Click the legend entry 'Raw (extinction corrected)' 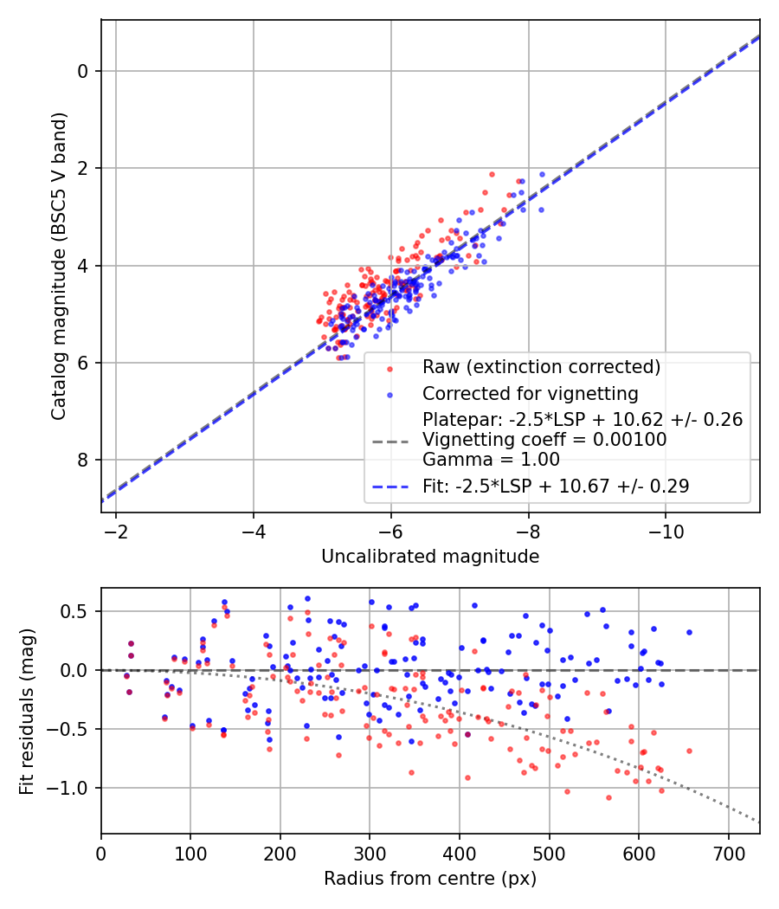(541, 367)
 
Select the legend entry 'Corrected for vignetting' (530, 394)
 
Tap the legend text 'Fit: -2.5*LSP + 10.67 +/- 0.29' (556, 487)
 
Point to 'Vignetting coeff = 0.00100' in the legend (544, 440)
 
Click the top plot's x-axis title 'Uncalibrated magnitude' (430, 557)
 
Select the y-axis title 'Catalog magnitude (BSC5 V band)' (58, 265)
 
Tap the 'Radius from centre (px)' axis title (430, 879)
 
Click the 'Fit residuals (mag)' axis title (27, 711)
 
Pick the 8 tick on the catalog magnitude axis (84, 460)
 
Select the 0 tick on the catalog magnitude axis (84, 71)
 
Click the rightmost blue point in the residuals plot (689, 632)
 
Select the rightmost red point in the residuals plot (689, 751)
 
